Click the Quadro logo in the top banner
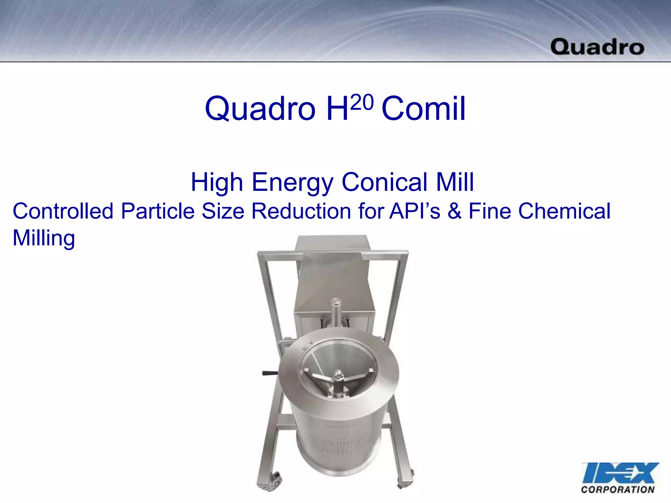point(597,47)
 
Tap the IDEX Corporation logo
point(620,477)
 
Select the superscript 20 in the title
point(362,102)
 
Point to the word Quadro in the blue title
point(260,109)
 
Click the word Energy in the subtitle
point(292,183)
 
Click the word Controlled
point(63,211)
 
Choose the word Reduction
point(301,211)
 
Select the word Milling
point(44,238)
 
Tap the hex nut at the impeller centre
point(338,374)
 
